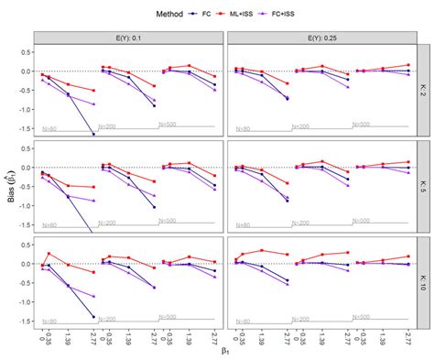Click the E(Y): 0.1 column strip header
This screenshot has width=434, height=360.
(129, 38)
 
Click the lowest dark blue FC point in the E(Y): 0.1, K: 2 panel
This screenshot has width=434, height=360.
(93, 135)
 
